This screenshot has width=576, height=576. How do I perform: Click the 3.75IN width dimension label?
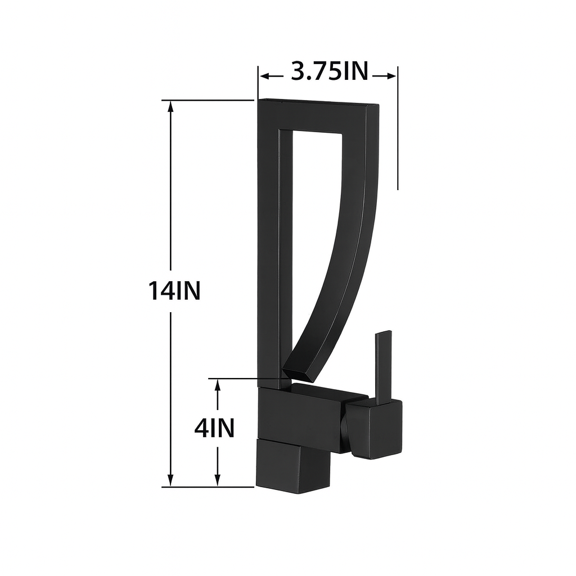tap(329, 71)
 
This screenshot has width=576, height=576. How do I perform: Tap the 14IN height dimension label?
tap(174, 291)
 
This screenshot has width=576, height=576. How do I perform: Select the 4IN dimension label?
tap(214, 429)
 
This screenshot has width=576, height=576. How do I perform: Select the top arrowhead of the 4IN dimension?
tap(218, 384)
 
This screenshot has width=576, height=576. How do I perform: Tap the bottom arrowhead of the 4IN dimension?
tap(218, 481)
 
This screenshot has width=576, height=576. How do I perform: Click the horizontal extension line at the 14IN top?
tap(208, 100)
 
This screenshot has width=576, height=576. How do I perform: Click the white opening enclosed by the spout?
tap(312, 225)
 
